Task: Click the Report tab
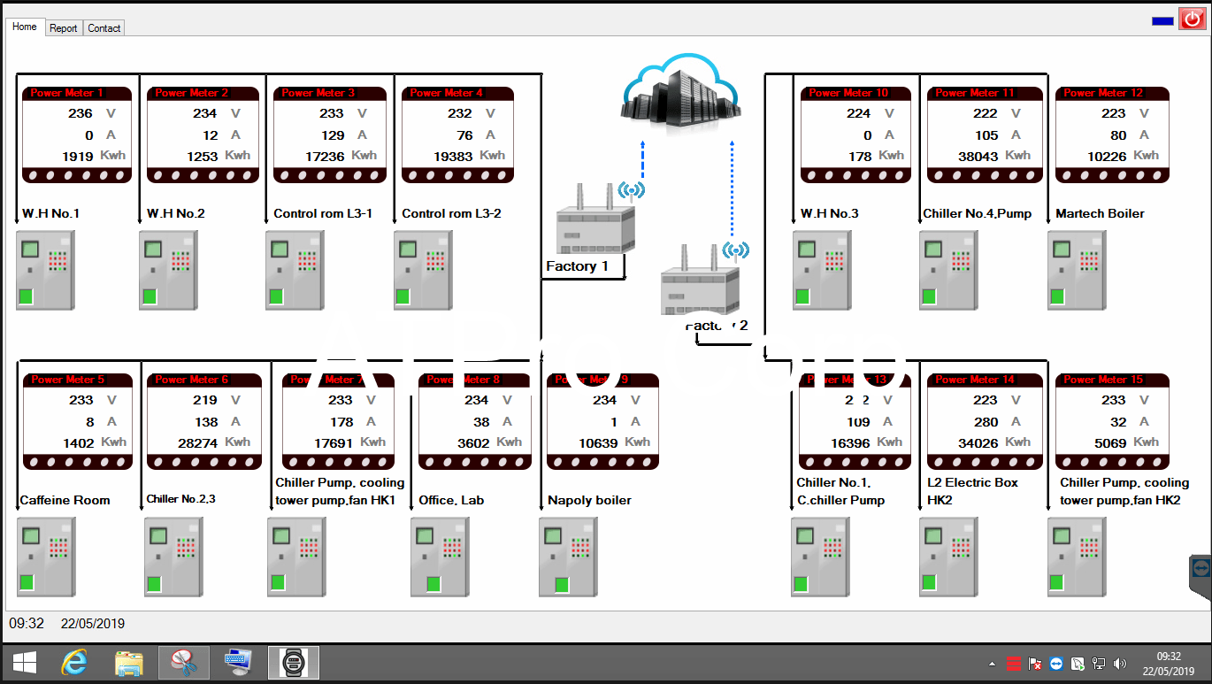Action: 64,28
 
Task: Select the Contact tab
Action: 104,28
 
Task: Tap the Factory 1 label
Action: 577,266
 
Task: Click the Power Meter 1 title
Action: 67,93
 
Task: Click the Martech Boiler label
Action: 1100,213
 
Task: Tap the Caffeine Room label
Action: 65,500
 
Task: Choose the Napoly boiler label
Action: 589,500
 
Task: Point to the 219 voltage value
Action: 205,400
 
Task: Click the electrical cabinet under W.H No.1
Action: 45,270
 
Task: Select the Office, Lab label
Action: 451,500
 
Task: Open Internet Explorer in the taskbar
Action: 74,663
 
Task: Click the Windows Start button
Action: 24,663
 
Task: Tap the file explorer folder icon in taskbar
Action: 129,663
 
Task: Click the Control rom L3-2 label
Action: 451,213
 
